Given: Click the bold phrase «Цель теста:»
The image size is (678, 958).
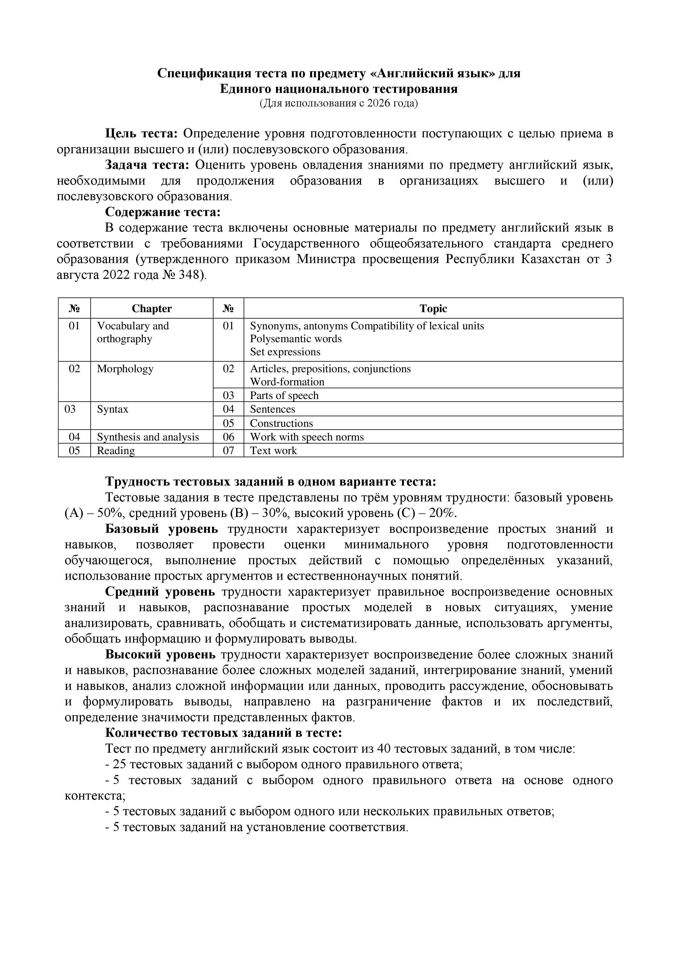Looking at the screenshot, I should tap(142, 134).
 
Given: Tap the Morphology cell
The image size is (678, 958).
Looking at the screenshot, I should tap(125, 369).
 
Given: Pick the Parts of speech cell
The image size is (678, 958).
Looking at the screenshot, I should tap(284, 395).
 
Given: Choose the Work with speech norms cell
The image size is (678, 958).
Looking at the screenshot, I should tap(307, 437).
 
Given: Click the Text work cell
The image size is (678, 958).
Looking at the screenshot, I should tap(274, 451).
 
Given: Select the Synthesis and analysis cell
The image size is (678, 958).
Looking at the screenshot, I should tap(148, 437).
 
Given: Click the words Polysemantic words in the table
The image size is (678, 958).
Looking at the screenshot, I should tap(296, 339).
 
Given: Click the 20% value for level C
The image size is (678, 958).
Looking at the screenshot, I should tap(445, 513).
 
